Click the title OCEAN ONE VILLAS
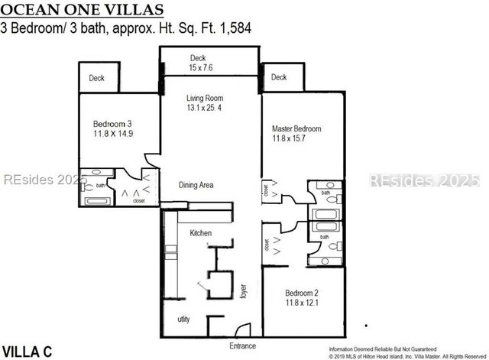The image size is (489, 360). tap(82, 10)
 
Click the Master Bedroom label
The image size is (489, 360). tap(296, 128)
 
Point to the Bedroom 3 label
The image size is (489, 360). tap(113, 125)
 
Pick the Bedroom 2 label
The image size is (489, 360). tap(302, 294)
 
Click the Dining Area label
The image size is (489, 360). tap(196, 185)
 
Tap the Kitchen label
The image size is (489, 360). tap(201, 232)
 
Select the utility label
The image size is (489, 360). tap(184, 319)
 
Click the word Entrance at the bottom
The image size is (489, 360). tap(243, 346)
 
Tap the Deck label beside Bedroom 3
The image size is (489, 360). tap(96, 78)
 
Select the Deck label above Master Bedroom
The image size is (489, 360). tap(279, 77)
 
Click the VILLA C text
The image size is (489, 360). tap(26, 352)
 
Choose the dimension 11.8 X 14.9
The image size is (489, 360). tap(113, 135)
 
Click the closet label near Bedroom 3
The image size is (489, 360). tap(138, 201)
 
